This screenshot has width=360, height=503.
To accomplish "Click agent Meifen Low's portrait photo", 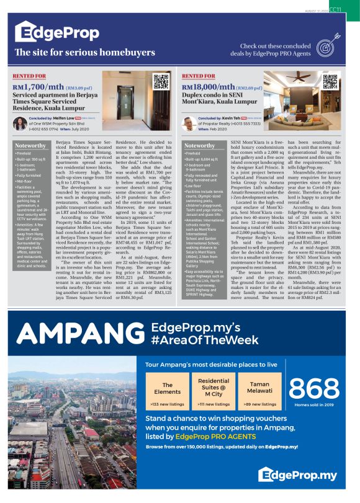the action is pos(19,122).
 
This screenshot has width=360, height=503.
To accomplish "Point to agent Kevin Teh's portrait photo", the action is pos(188,122).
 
